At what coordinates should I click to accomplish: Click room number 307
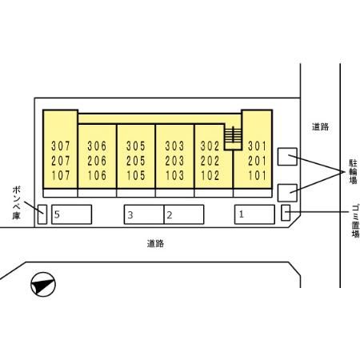[61, 146]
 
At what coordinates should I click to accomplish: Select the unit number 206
[97, 161]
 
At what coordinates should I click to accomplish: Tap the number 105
[136, 175]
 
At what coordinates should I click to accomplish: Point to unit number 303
[174, 146]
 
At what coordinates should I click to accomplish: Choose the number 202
[210, 161]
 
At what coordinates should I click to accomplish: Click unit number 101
[258, 175]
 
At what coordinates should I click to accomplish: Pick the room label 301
[258, 146]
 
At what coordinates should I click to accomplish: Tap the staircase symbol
[233, 135]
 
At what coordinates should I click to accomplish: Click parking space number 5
[71, 214]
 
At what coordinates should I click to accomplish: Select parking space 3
[144, 214]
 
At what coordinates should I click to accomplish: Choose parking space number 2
[184, 214]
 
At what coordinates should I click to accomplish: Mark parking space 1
[254, 214]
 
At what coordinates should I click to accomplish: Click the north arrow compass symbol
[43, 285]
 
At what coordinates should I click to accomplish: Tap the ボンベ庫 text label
[16, 202]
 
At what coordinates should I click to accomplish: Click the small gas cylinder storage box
[42, 214]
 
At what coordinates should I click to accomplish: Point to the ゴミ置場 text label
[355, 221]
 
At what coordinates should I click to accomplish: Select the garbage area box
[286, 213]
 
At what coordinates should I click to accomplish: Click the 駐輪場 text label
[353, 172]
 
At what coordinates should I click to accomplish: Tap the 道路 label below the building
[155, 243]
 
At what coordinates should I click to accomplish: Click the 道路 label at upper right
[320, 126]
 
